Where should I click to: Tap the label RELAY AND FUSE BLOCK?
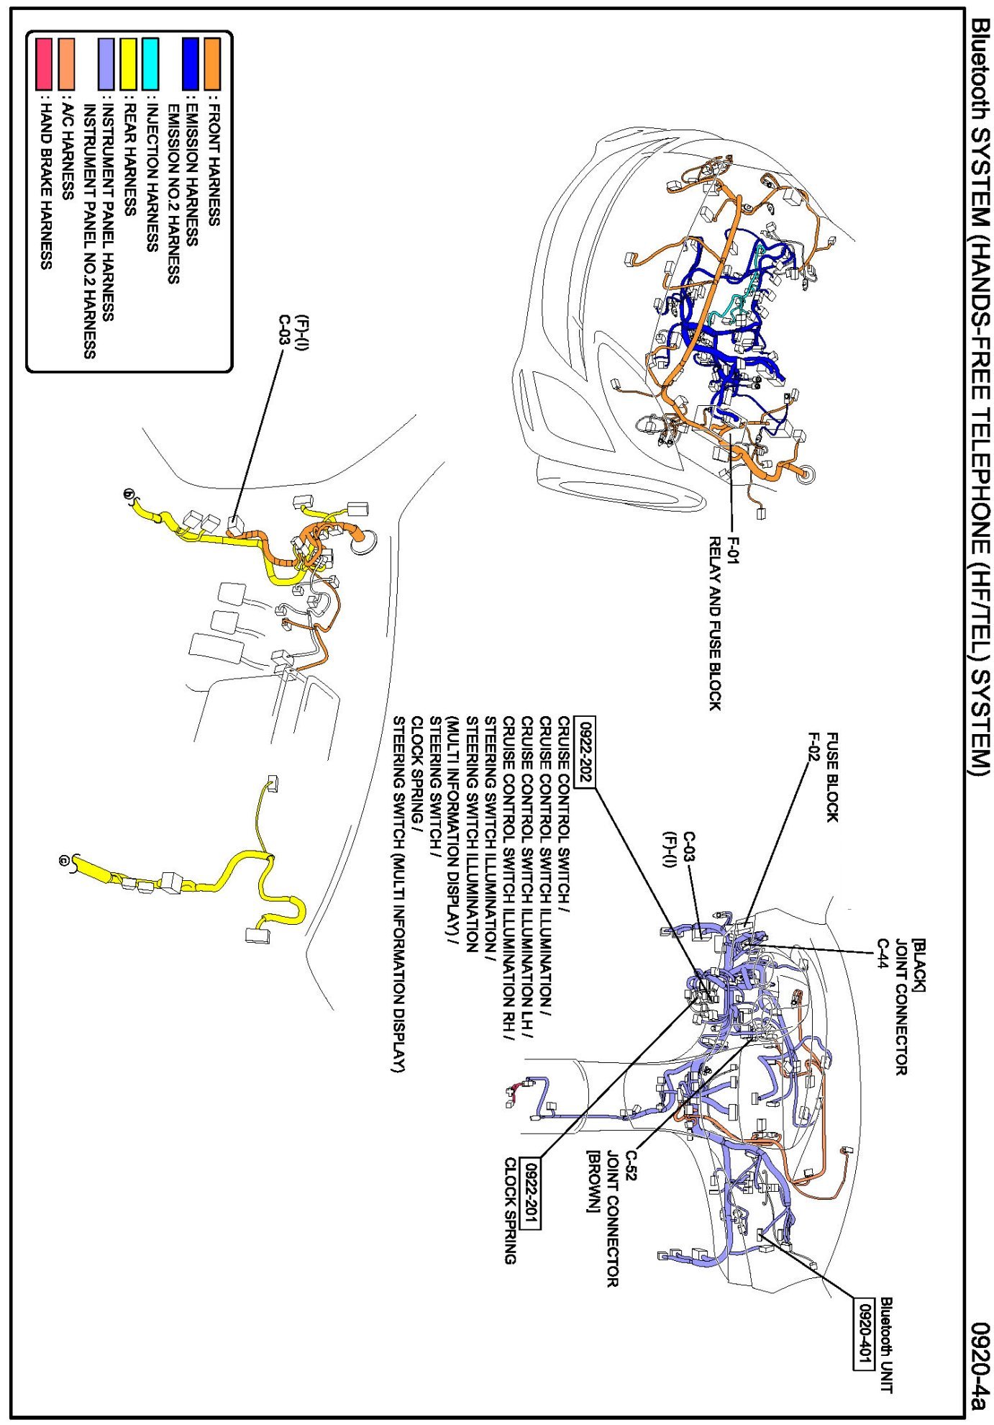pyautogui.click(x=714, y=623)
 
